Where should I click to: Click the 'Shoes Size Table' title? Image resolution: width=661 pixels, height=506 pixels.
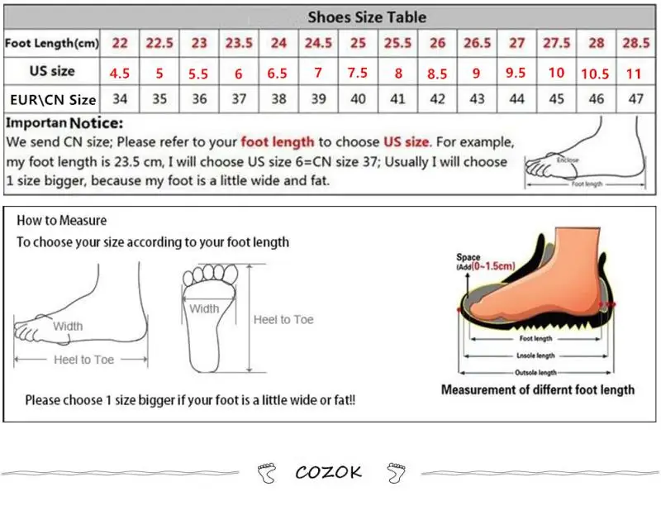[367, 17]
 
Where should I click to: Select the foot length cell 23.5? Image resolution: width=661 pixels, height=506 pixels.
[239, 44]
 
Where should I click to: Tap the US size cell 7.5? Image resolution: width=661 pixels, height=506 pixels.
[358, 72]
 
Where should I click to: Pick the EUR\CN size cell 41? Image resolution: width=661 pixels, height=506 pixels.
[397, 100]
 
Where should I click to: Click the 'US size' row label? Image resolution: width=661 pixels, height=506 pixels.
[52, 71]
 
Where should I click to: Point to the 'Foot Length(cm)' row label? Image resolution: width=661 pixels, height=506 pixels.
[52, 43]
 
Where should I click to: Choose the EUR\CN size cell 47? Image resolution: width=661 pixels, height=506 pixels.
[635, 100]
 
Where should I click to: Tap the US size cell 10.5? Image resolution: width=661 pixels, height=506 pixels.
[595, 74]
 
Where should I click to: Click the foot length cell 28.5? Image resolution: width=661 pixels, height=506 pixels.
[635, 44]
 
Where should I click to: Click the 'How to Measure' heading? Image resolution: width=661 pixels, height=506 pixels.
[62, 221]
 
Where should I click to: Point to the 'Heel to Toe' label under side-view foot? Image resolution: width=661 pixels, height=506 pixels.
[83, 360]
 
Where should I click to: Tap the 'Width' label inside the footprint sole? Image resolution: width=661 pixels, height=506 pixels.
[204, 309]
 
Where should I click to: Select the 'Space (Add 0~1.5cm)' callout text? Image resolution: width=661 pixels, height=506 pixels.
[485, 262]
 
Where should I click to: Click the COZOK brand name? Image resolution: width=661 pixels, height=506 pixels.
[329, 473]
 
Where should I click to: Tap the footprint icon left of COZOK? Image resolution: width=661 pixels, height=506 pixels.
[268, 473]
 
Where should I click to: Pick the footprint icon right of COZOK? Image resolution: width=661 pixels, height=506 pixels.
[396, 473]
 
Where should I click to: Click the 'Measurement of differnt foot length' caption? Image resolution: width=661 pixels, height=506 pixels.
[537, 389]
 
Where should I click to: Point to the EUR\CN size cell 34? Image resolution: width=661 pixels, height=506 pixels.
[120, 100]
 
